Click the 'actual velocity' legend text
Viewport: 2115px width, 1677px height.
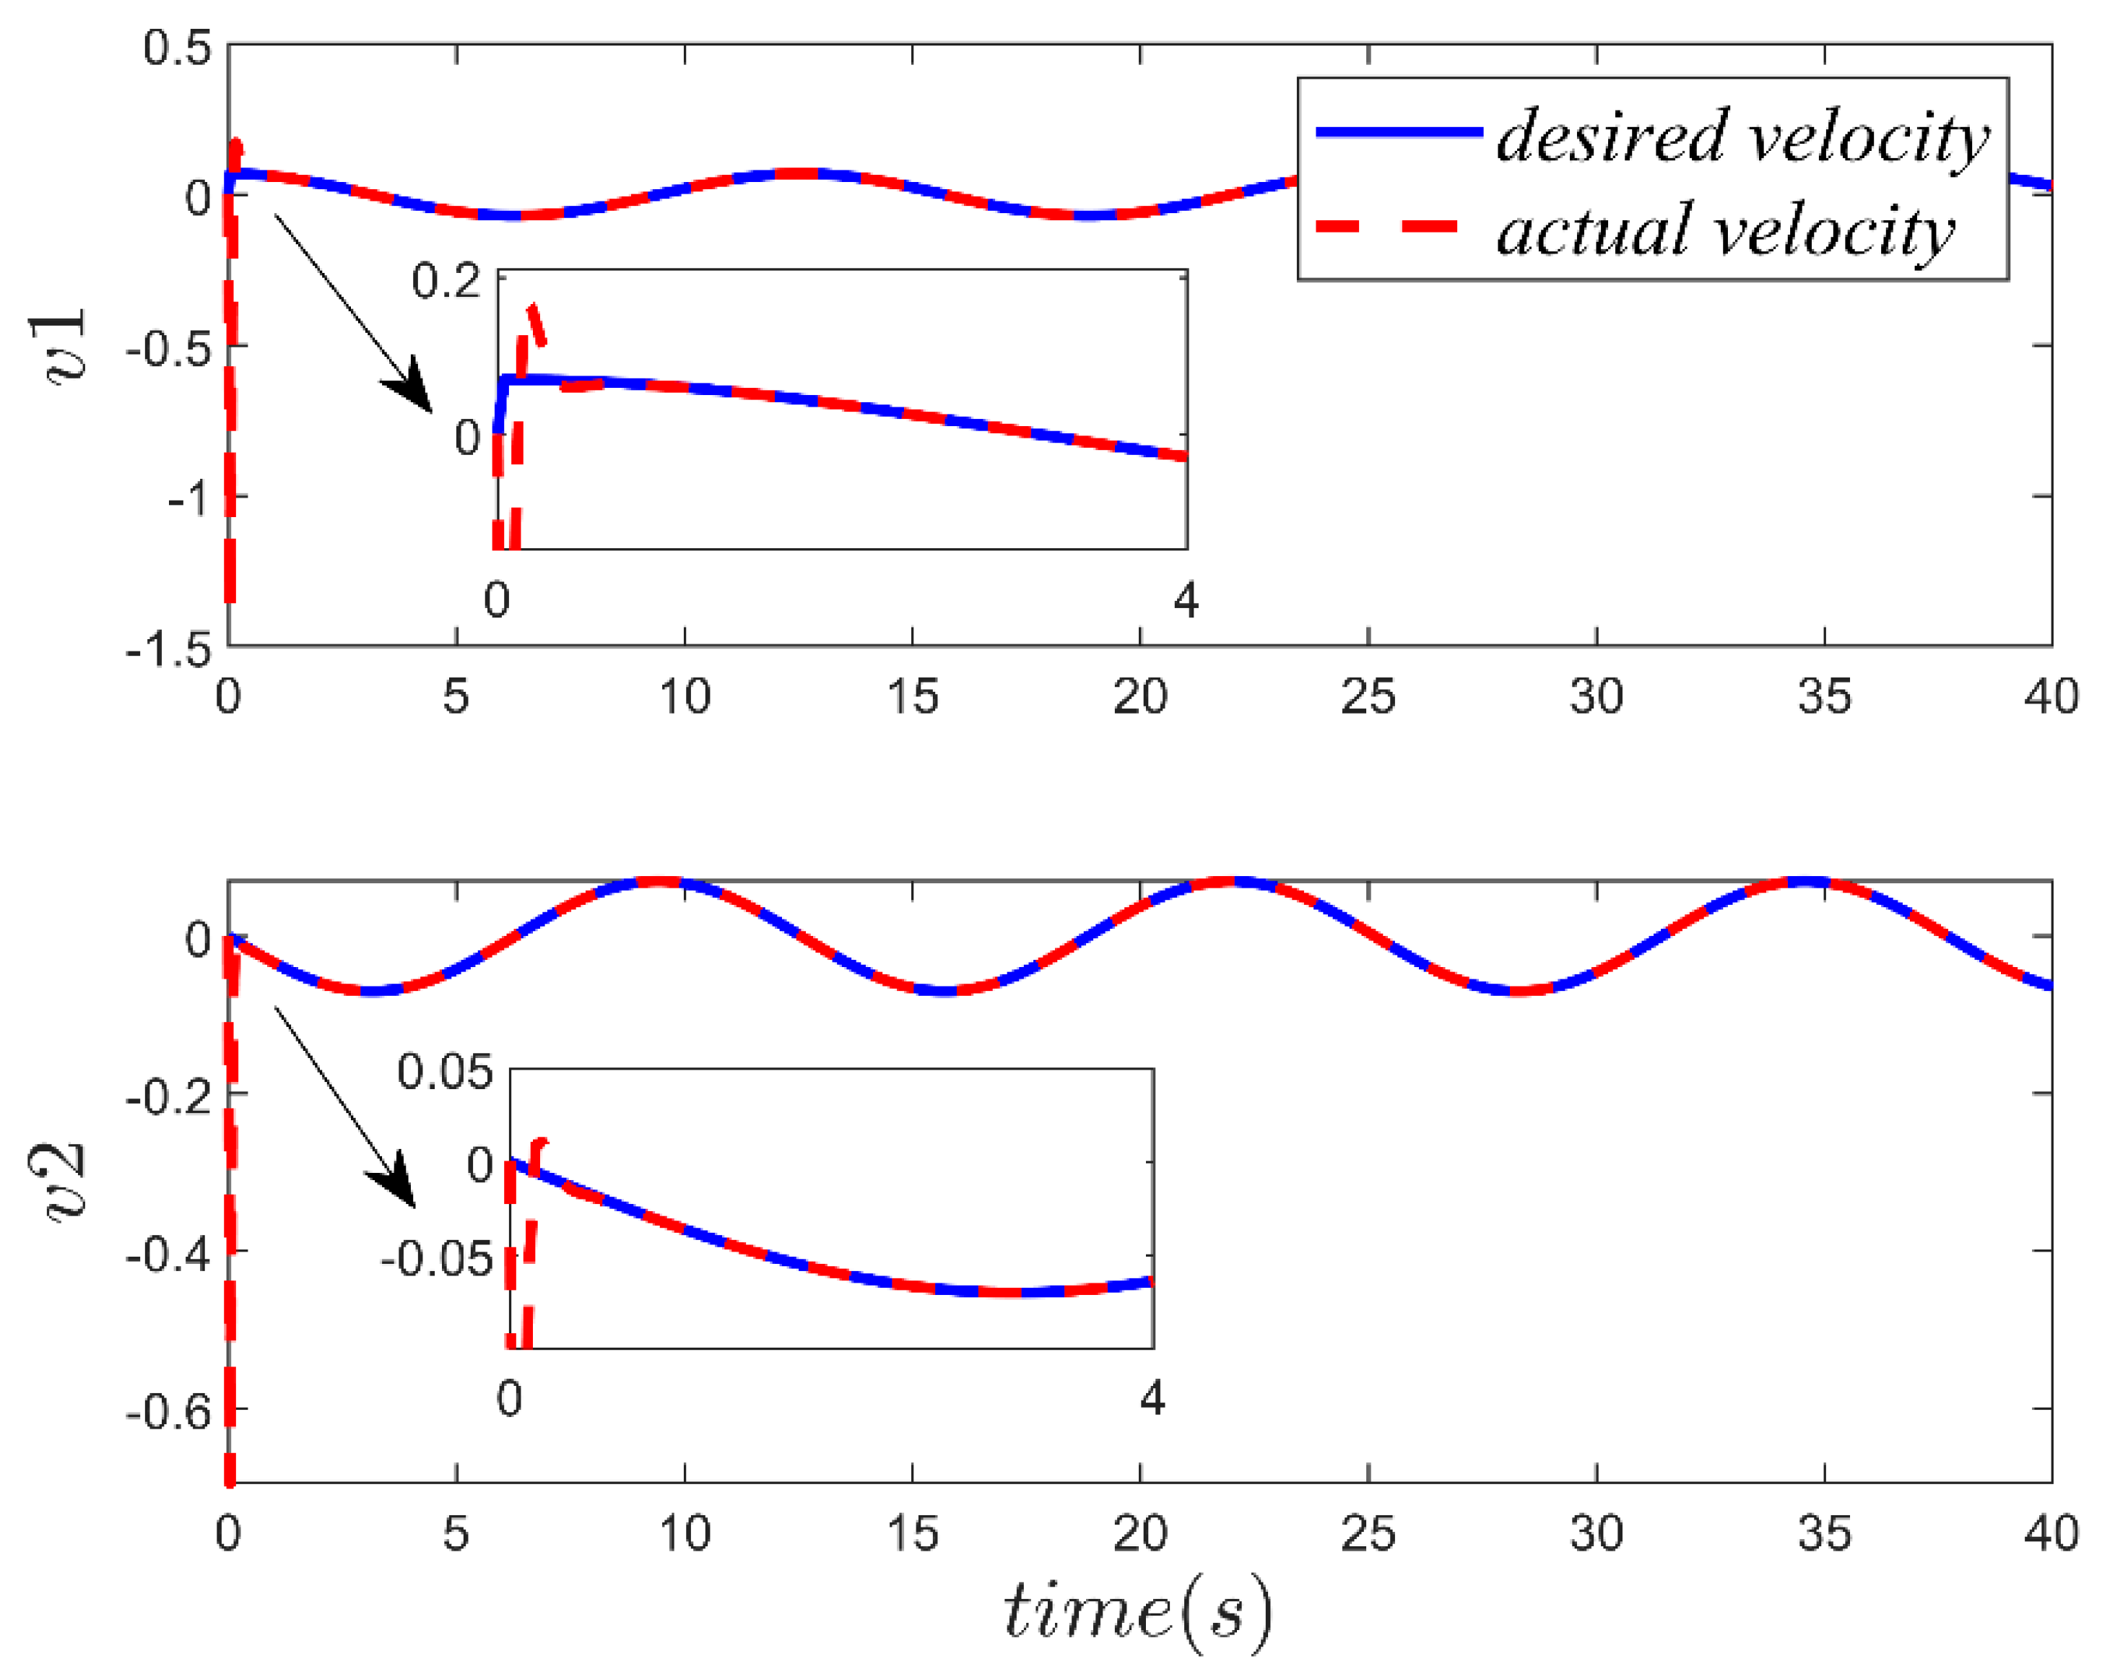click(1724, 230)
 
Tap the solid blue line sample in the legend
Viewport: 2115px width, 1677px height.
click(1397, 131)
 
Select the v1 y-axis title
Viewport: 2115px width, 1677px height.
click(66, 345)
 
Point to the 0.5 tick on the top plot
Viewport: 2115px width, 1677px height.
click(177, 47)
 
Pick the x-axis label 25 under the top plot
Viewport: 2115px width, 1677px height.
click(1368, 697)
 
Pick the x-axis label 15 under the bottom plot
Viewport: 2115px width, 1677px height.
click(912, 1532)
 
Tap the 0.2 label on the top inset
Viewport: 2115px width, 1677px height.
click(446, 282)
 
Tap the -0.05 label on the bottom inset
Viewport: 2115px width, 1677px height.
click(437, 1258)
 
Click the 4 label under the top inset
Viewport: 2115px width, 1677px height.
click(1186, 599)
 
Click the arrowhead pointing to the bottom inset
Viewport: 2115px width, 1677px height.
click(394, 1182)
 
